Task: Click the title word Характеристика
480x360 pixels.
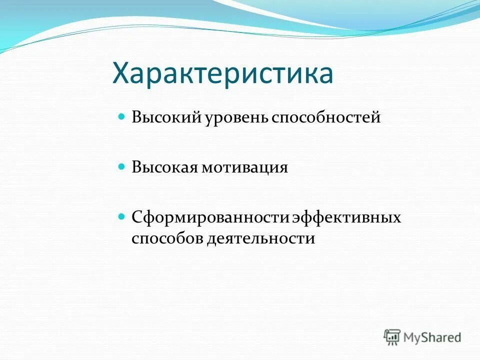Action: (x=222, y=74)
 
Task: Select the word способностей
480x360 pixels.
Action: (x=326, y=118)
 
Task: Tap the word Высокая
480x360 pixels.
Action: (x=164, y=167)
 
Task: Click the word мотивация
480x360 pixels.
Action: (x=245, y=167)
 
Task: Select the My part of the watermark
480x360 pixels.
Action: (x=411, y=338)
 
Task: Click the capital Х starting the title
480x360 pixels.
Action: (x=122, y=74)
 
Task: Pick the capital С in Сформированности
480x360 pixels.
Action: (x=136, y=218)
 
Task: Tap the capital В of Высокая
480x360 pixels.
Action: (x=136, y=167)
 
